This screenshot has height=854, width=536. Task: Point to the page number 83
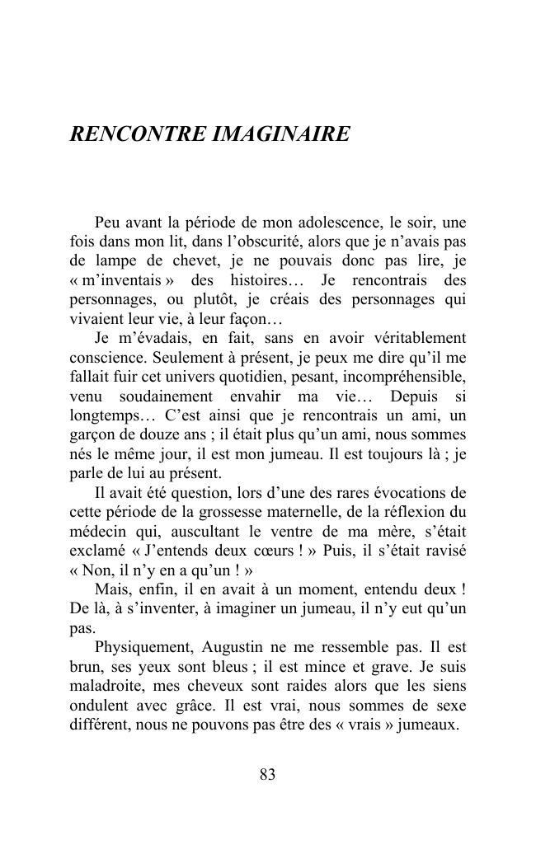click(x=267, y=774)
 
